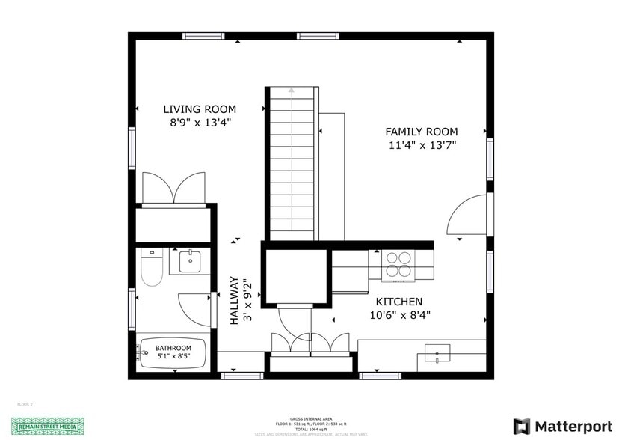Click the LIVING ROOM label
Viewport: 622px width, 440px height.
click(x=200, y=109)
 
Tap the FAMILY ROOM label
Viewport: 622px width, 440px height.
click(x=422, y=132)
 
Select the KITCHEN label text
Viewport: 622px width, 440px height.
click(x=398, y=302)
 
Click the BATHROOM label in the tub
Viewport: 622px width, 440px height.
click(x=173, y=348)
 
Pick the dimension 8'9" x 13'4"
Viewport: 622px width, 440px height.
click(x=200, y=123)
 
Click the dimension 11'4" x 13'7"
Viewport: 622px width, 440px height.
click(x=422, y=145)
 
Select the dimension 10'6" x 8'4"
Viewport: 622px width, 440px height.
click(x=399, y=315)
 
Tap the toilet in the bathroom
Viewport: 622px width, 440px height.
click(x=151, y=269)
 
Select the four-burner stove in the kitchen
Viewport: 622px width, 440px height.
click(x=398, y=265)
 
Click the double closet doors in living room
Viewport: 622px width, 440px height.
click(x=174, y=188)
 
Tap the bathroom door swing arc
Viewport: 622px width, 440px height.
click(x=193, y=302)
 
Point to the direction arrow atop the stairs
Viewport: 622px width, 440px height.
click(x=291, y=91)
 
